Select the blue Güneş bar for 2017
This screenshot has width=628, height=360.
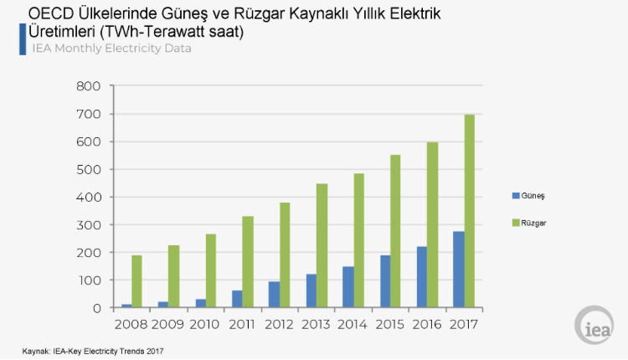(x=458, y=270)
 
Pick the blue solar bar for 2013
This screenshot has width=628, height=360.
(x=311, y=291)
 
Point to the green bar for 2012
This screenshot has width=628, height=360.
(x=285, y=255)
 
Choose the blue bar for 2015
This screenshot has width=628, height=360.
(x=384, y=281)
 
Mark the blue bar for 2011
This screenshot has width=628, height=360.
(x=237, y=299)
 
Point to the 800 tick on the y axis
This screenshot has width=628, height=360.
(x=88, y=86)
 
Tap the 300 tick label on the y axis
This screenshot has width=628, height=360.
(x=88, y=224)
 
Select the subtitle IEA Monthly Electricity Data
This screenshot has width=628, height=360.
(x=111, y=49)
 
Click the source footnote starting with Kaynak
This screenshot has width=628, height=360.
(x=93, y=351)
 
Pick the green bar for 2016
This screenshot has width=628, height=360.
(x=432, y=225)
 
